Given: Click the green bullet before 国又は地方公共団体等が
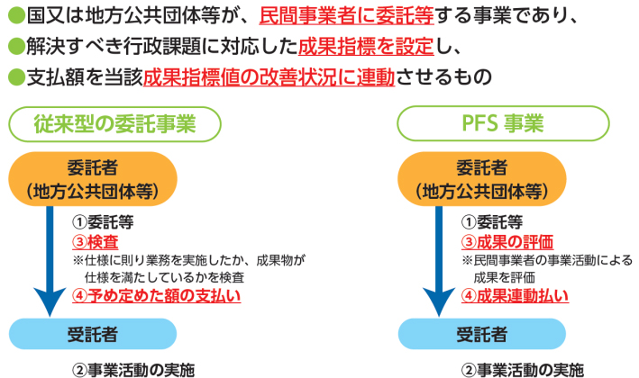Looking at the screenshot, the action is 16,16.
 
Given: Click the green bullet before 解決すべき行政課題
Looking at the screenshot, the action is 16,46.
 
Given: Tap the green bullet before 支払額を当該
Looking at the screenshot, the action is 16,76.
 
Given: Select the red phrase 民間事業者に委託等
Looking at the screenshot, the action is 346,16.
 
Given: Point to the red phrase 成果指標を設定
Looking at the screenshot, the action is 366,47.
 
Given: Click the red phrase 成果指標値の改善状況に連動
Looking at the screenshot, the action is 269,76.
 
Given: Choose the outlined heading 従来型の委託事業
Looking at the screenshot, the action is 115,124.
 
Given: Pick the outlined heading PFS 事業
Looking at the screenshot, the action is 503,123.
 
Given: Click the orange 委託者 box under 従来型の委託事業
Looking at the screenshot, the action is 93,179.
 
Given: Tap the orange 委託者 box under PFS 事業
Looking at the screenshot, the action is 482,179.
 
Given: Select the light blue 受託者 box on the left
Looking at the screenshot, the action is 93,334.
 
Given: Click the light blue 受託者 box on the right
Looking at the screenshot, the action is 482,334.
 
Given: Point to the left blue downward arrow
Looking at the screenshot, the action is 50,261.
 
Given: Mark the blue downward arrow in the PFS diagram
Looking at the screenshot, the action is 439,261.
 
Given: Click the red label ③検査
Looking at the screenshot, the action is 96,242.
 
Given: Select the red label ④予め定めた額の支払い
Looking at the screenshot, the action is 157,296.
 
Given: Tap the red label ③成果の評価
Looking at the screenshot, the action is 507,242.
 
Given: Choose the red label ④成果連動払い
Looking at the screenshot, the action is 516,296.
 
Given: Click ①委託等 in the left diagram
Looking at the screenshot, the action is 103,222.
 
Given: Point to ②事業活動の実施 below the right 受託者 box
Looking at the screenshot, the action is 523,370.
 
